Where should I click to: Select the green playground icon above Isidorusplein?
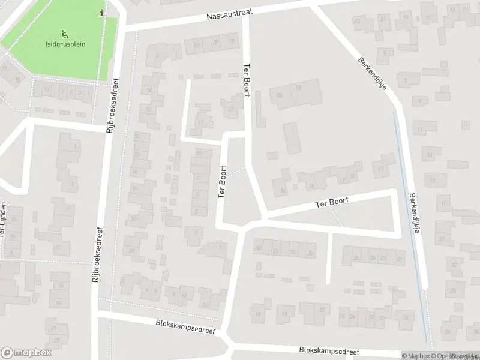pos(64,34)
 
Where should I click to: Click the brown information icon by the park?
pos(102,13)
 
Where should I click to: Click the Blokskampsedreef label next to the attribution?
pos(329,351)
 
